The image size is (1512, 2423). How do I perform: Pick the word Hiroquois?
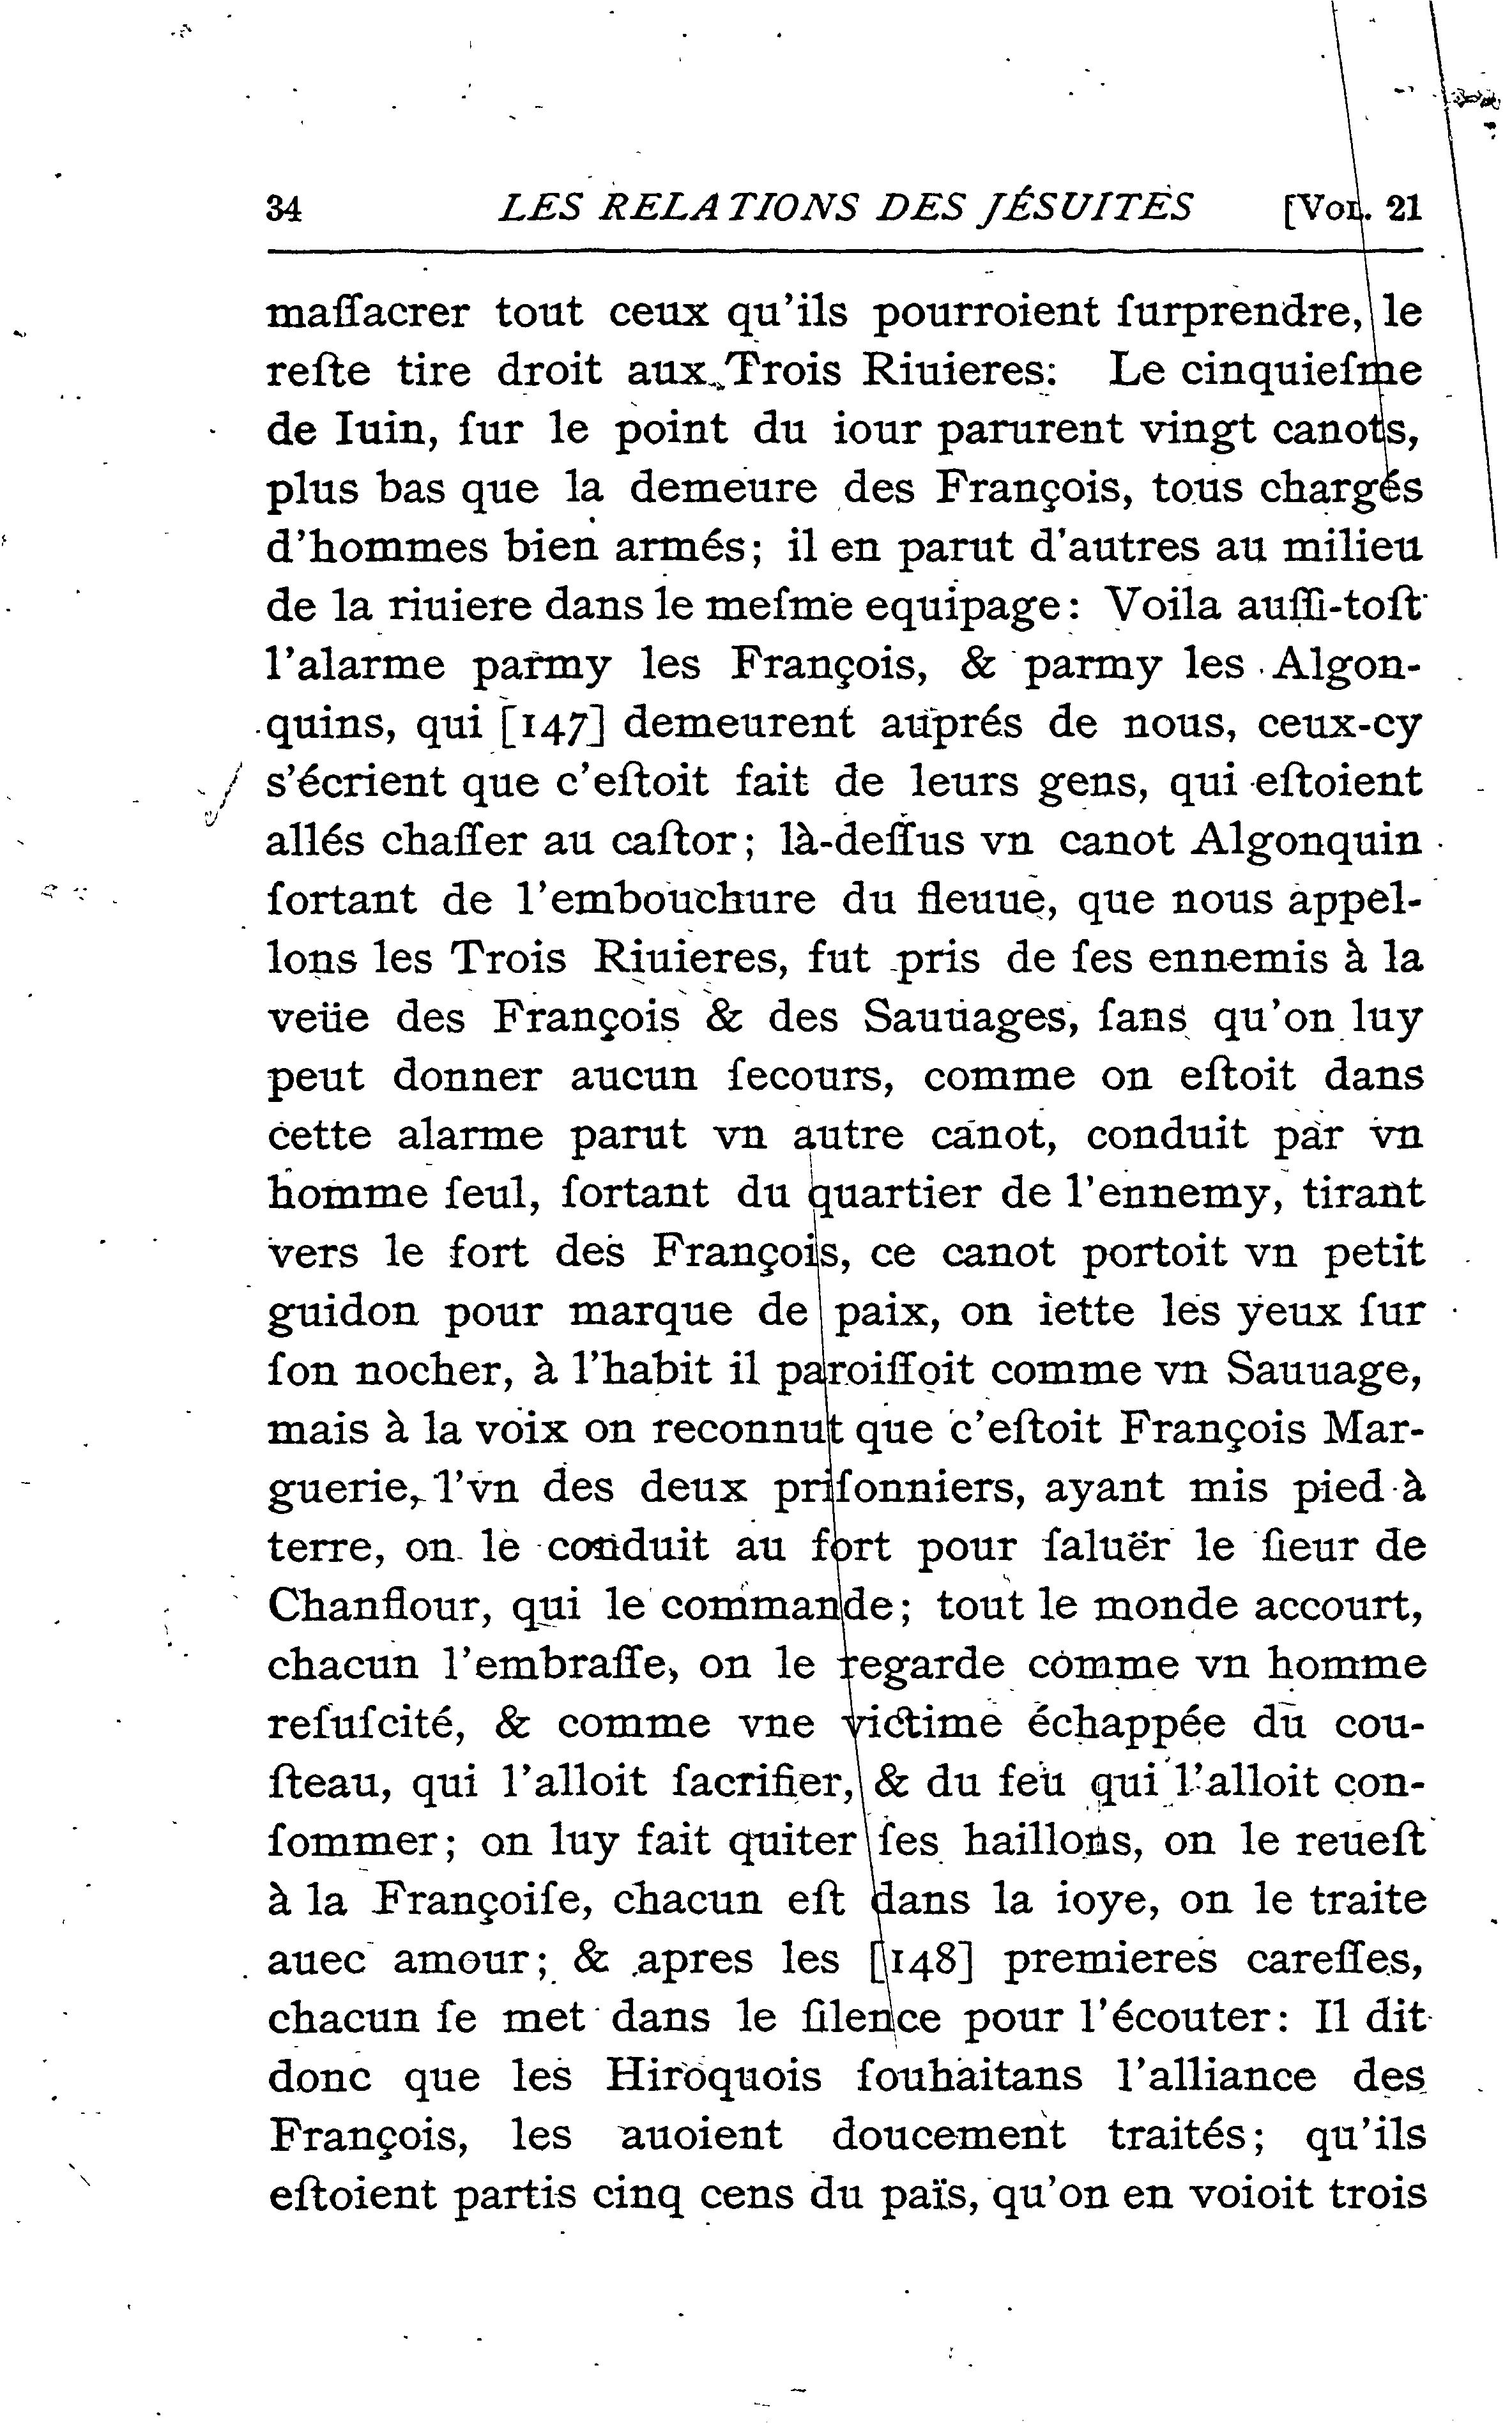click(x=713, y=2076)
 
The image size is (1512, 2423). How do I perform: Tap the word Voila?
click(x=1167, y=605)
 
